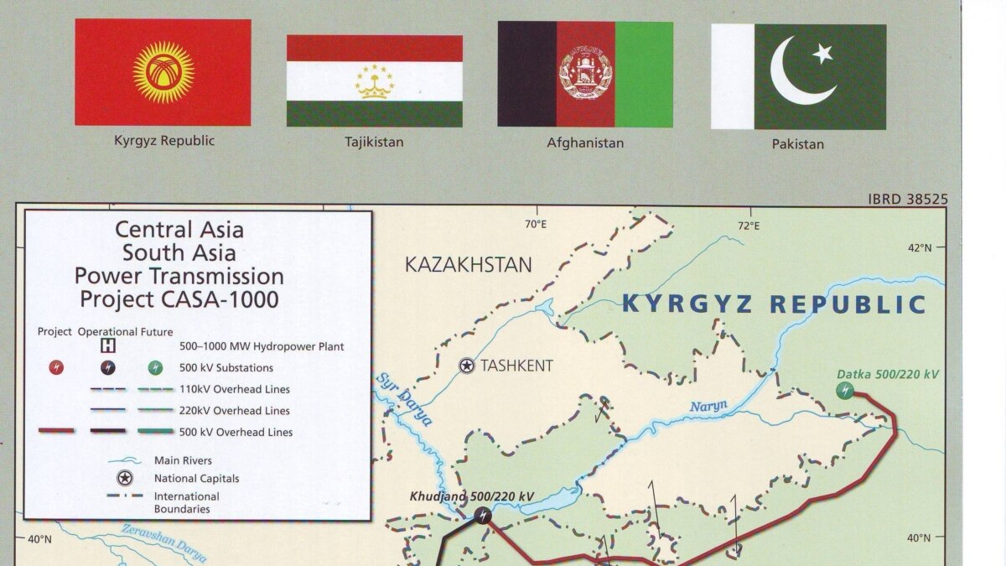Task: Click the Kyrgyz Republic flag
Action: pos(163,72)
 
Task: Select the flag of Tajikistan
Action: pos(374,80)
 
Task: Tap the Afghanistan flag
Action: pos(585,74)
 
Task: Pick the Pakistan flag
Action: pos(798,76)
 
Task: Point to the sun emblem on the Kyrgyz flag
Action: pos(163,72)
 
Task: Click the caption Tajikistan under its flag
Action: pos(374,142)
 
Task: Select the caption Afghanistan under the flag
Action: pos(585,143)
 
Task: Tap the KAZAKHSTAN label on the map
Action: pos(468,265)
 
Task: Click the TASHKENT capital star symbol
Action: pos(466,366)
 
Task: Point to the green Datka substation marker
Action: pos(844,390)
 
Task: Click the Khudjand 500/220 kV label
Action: pos(471,496)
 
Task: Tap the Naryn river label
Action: pos(708,408)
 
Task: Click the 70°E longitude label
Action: pos(535,225)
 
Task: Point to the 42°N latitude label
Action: pos(919,247)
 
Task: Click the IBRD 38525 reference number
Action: pos(908,200)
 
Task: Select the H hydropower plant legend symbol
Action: pos(108,345)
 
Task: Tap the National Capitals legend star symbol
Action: pos(124,478)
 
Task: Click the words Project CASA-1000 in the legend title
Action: pos(179,299)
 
